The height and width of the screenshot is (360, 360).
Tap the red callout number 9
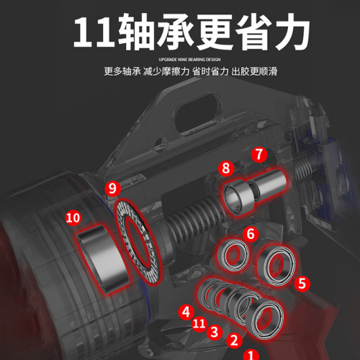[x=112, y=189]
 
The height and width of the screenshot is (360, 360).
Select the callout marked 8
[x=227, y=168]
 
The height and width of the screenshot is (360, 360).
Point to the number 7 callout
[x=259, y=154]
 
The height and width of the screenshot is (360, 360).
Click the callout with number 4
[x=186, y=311]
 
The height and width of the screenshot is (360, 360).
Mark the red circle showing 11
[x=199, y=324]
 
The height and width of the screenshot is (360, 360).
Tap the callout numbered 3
[x=214, y=332]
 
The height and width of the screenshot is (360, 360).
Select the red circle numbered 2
[x=233, y=339]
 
